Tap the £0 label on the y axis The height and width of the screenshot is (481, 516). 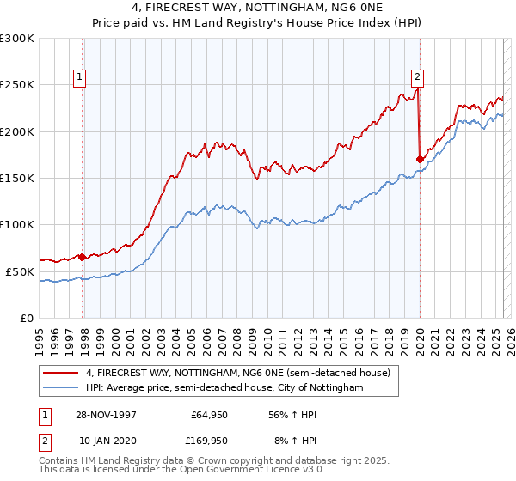point(28,318)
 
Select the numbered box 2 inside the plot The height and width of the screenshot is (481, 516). point(417,75)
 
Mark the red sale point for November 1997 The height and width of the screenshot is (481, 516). point(83,257)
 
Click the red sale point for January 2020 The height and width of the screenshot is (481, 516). point(420,159)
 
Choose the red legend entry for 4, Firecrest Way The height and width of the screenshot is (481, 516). point(237,373)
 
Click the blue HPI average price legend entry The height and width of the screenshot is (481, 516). point(224,388)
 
